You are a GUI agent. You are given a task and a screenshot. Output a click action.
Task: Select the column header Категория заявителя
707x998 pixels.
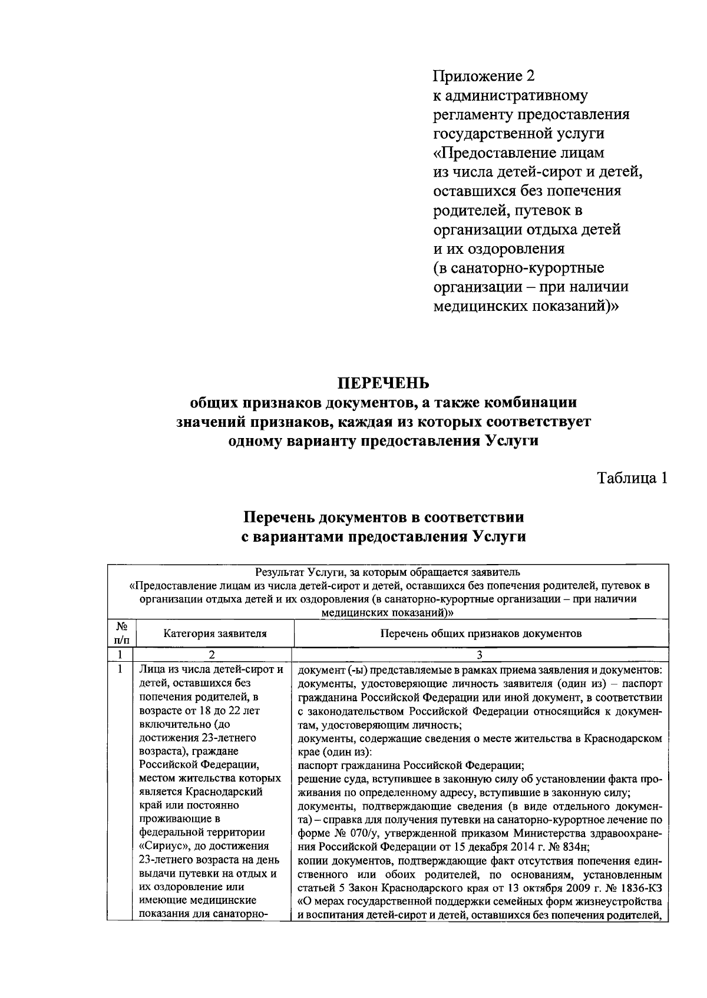(x=214, y=634)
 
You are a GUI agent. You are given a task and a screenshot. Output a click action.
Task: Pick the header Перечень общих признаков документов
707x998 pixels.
(x=481, y=634)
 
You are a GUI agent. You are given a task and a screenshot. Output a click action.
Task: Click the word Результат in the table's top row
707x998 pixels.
(x=277, y=571)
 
